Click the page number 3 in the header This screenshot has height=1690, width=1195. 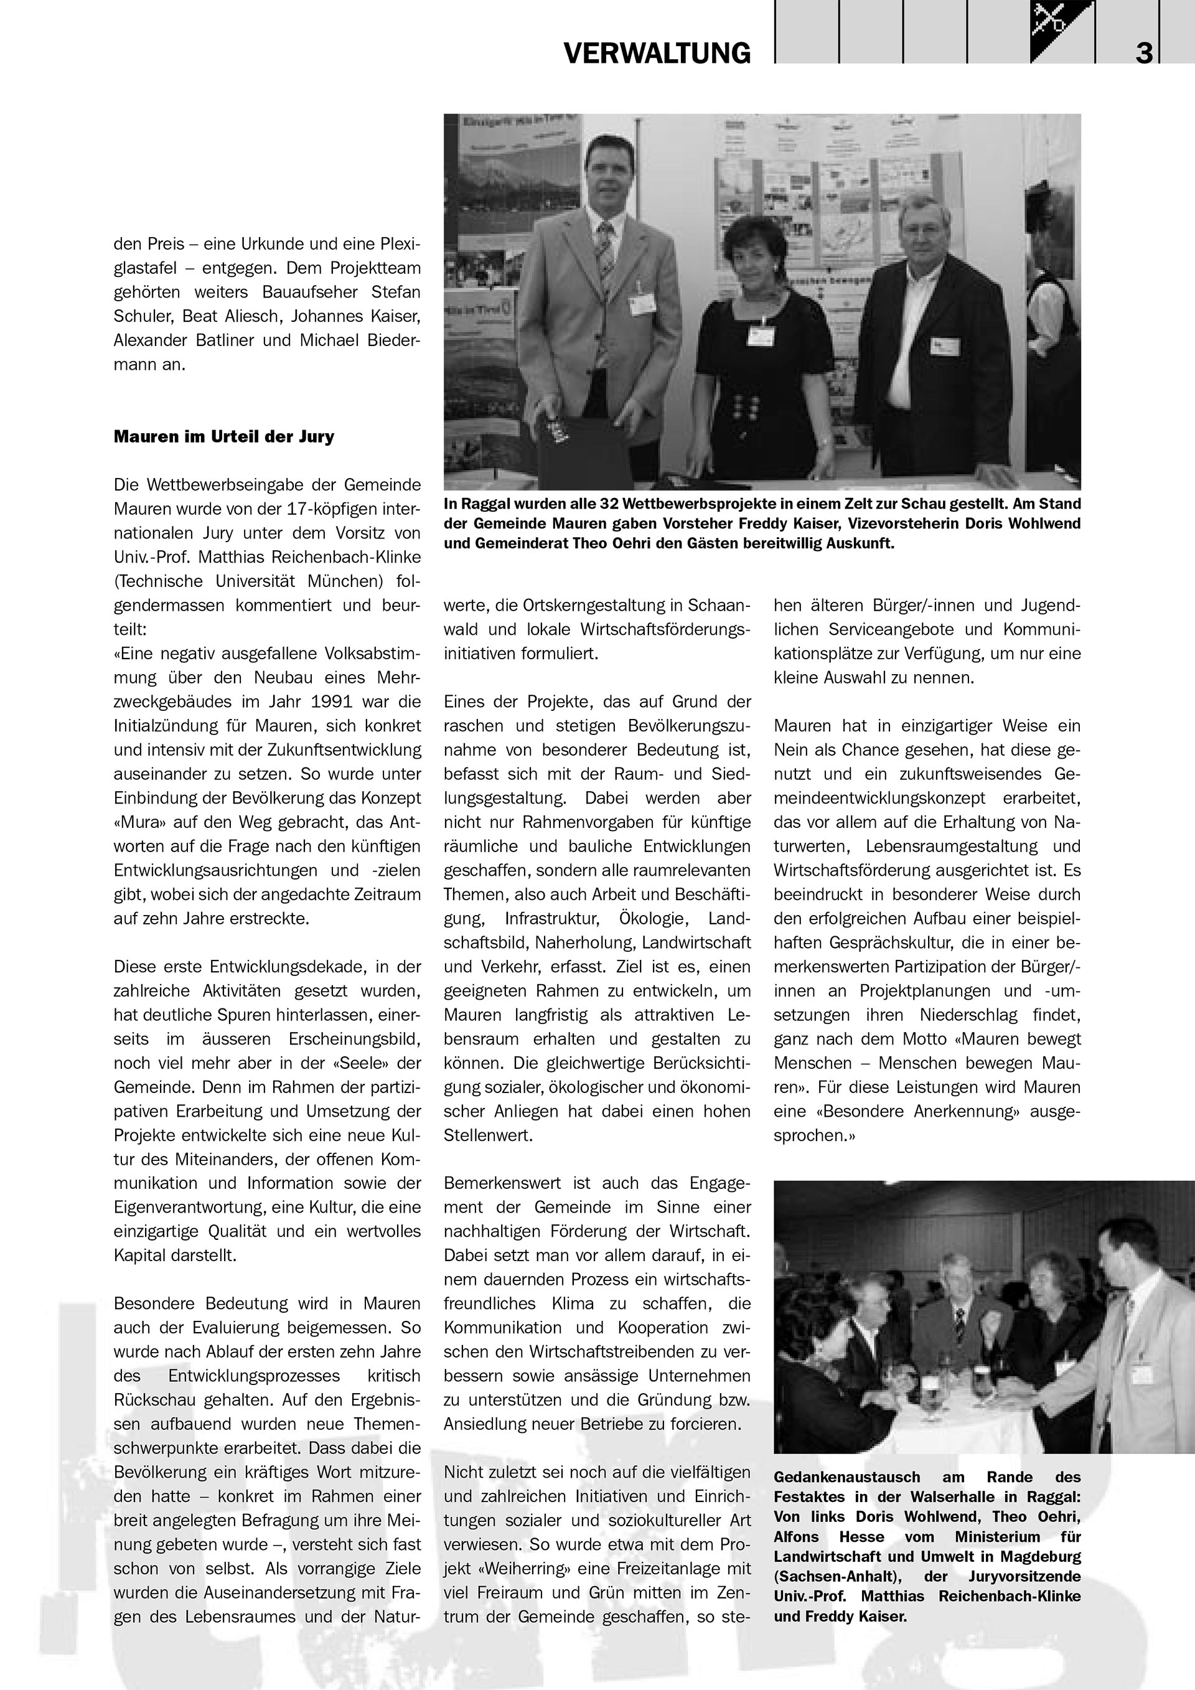pos(1143,54)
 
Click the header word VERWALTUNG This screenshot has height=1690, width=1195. pos(657,54)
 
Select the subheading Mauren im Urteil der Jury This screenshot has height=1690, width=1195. pos(223,436)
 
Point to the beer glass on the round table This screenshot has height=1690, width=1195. pos(981,1377)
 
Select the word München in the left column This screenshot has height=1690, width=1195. pos(347,581)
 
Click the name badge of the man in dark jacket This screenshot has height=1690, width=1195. pos(945,346)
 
